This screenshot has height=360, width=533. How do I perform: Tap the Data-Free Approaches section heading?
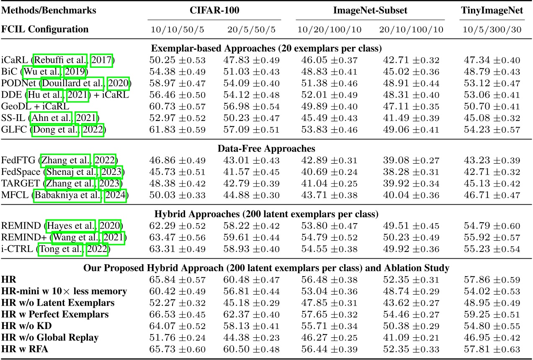tap(266, 148)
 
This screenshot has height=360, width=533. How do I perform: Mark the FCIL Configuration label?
tap(45, 29)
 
